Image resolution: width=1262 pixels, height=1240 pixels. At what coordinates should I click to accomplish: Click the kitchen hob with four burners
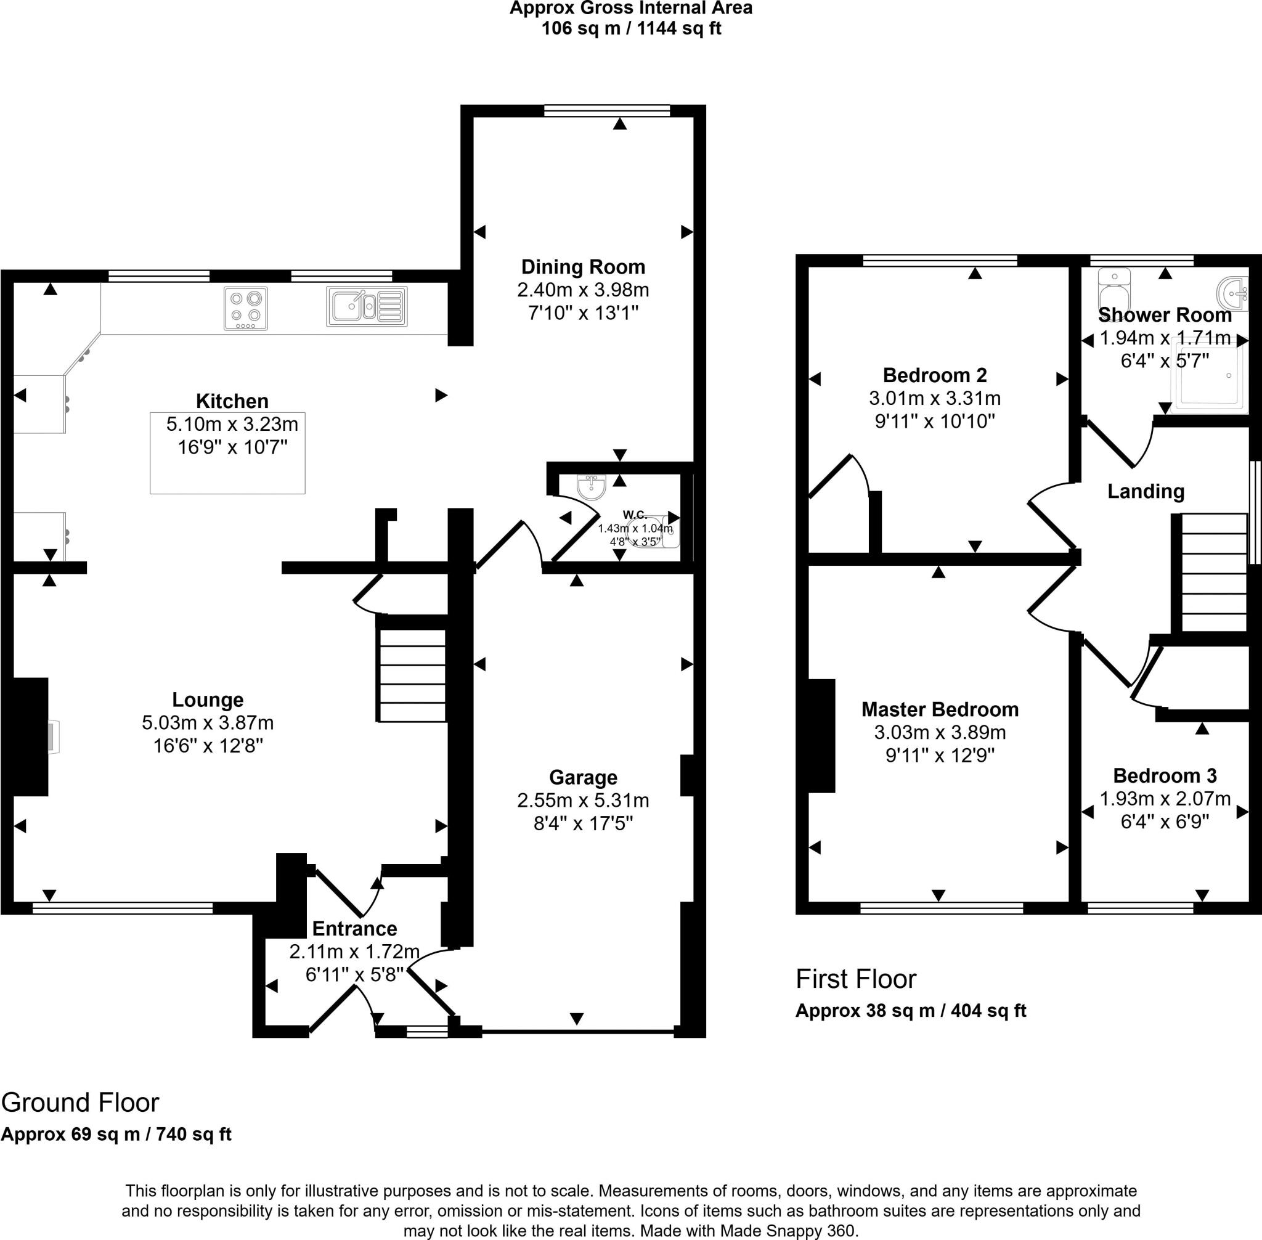click(x=245, y=308)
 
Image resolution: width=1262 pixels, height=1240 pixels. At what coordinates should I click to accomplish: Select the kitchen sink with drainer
click(x=367, y=306)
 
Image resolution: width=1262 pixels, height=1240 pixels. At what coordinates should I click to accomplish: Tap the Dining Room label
click(x=583, y=267)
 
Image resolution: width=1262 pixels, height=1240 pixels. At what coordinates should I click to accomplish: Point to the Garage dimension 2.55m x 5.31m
click(x=583, y=801)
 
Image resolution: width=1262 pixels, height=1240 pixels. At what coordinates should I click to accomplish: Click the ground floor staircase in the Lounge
click(x=412, y=674)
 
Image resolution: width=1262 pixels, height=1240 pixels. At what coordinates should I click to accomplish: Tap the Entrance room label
click(x=354, y=929)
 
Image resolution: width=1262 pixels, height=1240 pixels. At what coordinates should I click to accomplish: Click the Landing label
click(x=1146, y=492)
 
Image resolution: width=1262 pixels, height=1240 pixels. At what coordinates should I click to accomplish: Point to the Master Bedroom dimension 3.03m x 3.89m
click(x=940, y=733)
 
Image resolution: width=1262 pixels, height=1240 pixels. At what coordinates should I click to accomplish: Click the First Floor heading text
click(x=856, y=979)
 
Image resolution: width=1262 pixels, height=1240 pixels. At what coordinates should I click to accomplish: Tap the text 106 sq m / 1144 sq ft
click(x=630, y=28)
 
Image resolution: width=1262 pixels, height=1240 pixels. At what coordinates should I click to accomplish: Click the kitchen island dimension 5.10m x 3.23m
click(x=232, y=425)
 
